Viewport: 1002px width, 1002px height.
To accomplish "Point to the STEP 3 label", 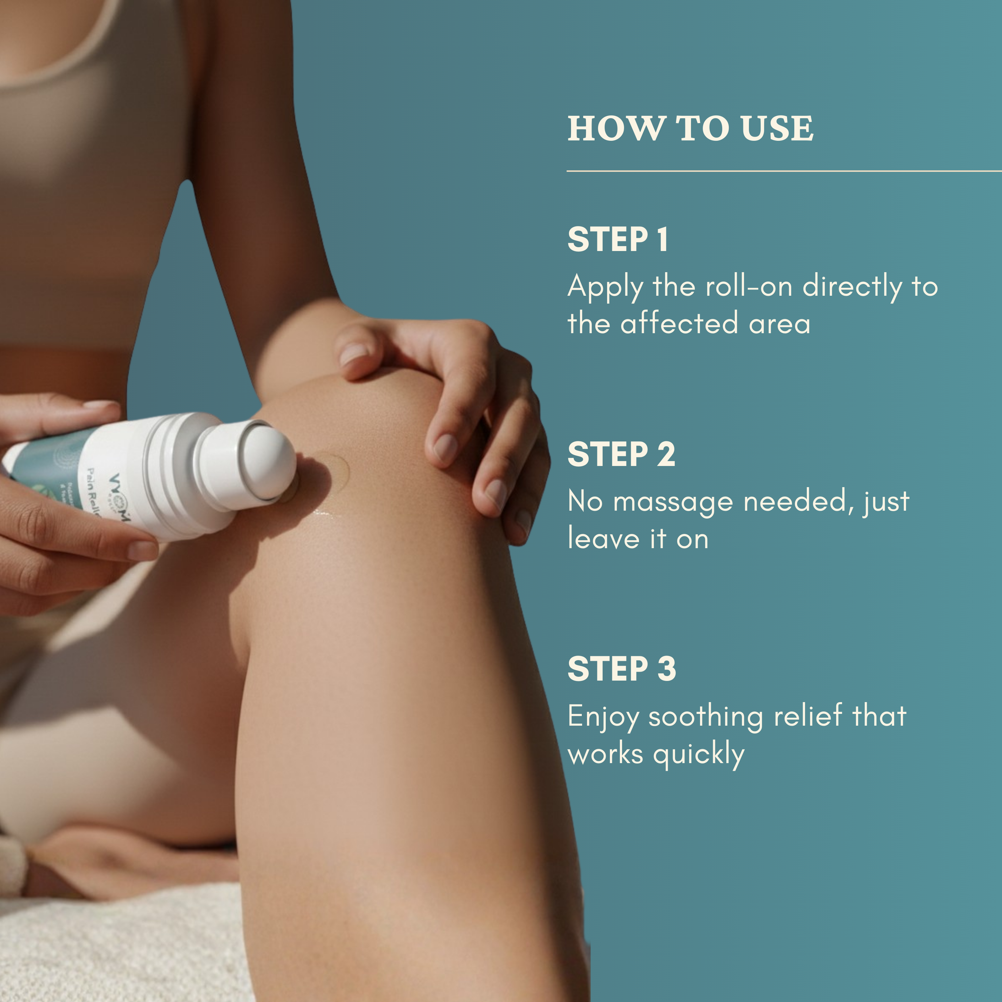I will click(x=621, y=669).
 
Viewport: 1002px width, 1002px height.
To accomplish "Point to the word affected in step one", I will click(x=679, y=323).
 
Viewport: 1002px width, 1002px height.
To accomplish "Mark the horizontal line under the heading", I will click(x=783, y=171).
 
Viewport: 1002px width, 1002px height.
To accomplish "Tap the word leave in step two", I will click(x=603, y=539).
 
